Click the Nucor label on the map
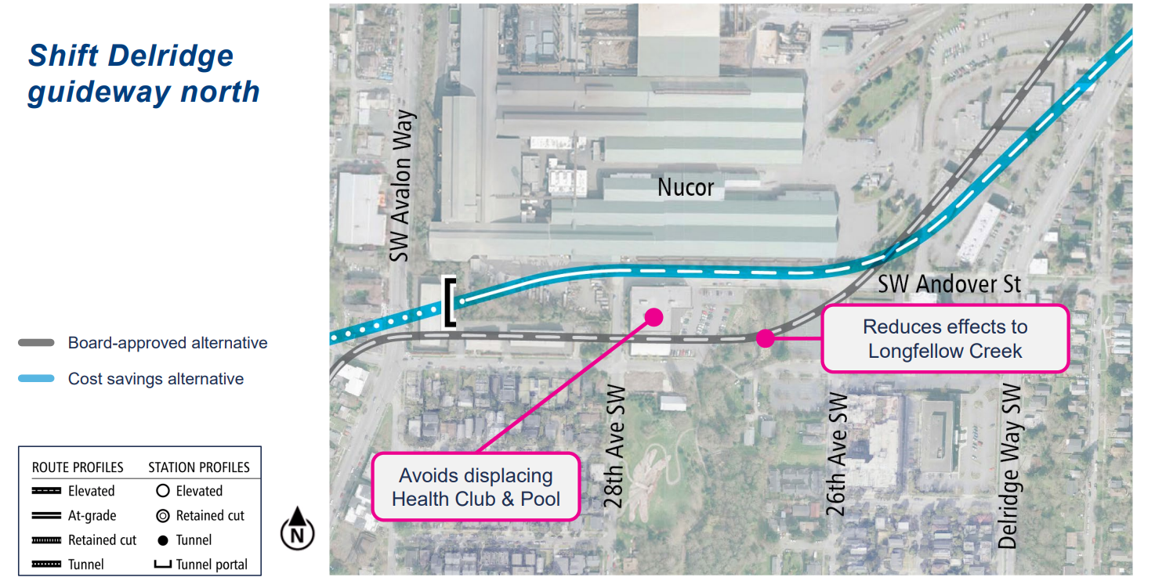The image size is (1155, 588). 686,188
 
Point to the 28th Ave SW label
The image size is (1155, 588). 615,447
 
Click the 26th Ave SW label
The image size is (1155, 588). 838,454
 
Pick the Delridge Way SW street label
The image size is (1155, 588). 1009,466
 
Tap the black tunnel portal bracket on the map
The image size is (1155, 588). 449,301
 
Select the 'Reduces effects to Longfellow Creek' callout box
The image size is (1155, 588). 944,338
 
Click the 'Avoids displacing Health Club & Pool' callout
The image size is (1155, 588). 476,487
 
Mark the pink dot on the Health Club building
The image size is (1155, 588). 653,316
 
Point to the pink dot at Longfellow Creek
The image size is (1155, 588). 766,338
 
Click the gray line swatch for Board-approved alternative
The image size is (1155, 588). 37,343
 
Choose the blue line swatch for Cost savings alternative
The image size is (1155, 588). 37,379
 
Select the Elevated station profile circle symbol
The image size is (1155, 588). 163,492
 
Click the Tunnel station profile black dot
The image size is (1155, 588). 163,540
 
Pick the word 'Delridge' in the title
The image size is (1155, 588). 172,56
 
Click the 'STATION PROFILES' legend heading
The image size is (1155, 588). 199,467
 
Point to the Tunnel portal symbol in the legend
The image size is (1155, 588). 163,565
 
